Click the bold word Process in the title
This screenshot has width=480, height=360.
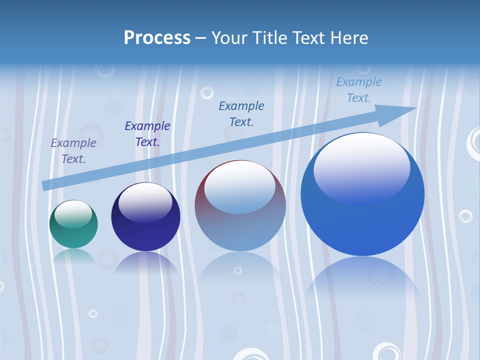tap(157, 38)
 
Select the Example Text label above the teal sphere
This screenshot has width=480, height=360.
tap(73, 151)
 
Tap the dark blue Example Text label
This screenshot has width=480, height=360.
tap(147, 134)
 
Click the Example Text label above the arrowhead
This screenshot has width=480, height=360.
tap(359, 90)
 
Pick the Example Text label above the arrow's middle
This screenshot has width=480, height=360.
tap(241, 113)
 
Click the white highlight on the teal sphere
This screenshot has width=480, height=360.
tap(73, 214)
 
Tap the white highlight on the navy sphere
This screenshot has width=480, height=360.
tap(145, 201)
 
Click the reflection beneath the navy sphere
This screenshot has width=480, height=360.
tap(145, 263)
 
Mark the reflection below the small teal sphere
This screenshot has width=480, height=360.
tap(74, 256)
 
